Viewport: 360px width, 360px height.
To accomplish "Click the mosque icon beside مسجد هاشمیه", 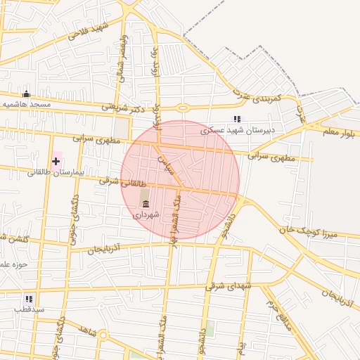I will (x=27, y=94).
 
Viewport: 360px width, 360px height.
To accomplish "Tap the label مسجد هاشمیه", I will (x=27, y=104).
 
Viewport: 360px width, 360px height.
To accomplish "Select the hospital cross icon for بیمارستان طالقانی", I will (x=56, y=161).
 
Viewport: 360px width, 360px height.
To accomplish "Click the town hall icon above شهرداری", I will (x=146, y=204).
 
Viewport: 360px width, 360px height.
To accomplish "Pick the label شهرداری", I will (x=146, y=214).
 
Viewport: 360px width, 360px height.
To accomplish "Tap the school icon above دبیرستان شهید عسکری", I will (x=237, y=120).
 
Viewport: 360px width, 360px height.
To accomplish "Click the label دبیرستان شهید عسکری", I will (x=237, y=130).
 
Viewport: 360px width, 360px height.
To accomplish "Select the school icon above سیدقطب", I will (x=29, y=299).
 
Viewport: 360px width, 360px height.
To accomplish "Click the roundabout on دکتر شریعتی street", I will (x=184, y=108).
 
